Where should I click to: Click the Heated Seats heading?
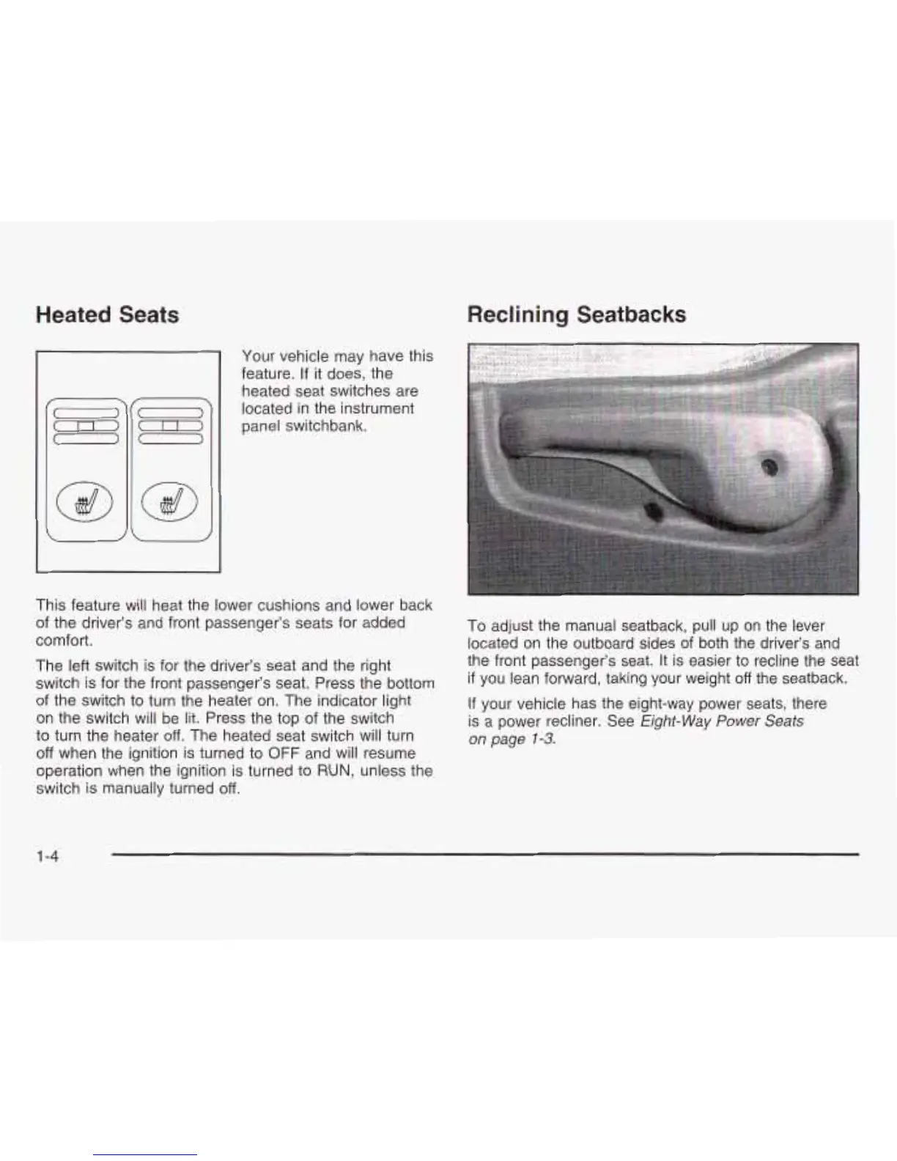click(107, 315)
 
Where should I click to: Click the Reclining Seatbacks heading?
click(576, 315)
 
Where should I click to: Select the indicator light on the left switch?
click(86, 427)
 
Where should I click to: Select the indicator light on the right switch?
click(168, 427)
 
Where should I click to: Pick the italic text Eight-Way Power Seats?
click(722, 721)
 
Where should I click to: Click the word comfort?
click(62, 641)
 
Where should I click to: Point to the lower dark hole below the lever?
click(653, 510)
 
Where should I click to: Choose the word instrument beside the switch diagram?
click(378, 408)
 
